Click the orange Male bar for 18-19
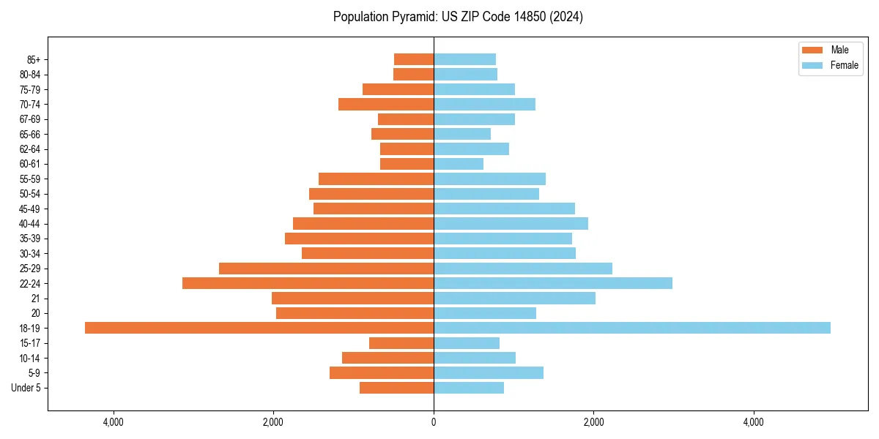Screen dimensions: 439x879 (x=259, y=328)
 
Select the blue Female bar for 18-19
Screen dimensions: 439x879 (x=631, y=328)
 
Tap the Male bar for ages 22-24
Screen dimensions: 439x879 (x=308, y=283)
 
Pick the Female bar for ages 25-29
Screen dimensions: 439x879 (x=522, y=269)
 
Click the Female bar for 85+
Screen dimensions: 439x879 (x=464, y=59)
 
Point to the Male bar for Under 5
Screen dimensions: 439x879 (x=396, y=388)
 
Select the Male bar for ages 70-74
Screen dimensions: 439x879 (x=386, y=104)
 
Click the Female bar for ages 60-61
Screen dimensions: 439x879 (x=459, y=164)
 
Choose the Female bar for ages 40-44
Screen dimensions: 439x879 (x=511, y=224)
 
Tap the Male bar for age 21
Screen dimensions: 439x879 (x=352, y=299)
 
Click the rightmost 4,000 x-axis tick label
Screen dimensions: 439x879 (x=753, y=422)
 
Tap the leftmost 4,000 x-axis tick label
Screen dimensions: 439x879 (x=114, y=422)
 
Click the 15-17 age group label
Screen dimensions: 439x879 (x=30, y=343)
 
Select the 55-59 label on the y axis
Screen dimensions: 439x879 (x=30, y=179)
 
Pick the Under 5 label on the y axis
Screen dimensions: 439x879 (x=26, y=388)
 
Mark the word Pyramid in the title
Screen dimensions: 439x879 (x=410, y=17)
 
